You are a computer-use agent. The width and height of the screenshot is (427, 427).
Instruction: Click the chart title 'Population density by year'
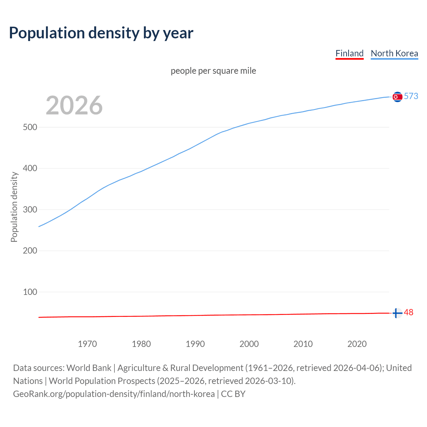coord(101,33)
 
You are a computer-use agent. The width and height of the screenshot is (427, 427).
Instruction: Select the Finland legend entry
coord(349,53)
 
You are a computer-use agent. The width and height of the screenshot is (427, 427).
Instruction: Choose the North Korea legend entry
coord(394,53)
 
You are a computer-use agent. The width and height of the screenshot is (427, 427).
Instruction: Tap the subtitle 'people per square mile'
coord(213,71)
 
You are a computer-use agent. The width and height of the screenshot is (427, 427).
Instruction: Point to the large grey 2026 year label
coord(74,105)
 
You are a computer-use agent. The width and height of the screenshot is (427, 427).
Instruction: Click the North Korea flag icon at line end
coord(397,97)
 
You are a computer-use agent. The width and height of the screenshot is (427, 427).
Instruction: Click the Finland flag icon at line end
coord(397,313)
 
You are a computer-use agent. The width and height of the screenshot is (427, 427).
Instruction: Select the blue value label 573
coord(411,96)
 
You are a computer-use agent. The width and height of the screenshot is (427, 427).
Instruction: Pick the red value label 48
coord(409,313)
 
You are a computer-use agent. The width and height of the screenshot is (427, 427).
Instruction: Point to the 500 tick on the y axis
coord(30,127)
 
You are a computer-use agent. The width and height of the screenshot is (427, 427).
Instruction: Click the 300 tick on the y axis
coord(30,210)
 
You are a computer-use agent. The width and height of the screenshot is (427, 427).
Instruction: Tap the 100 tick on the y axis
coord(30,292)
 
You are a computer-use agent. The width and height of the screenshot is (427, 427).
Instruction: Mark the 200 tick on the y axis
coord(30,251)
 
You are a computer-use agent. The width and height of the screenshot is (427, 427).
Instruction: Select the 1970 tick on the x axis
coord(87,344)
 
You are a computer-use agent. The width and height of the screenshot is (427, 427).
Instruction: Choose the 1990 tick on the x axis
coord(195,344)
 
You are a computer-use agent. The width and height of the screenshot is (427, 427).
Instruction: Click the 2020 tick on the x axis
coord(357,344)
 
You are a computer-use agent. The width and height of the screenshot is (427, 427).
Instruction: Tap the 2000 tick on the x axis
coord(249,344)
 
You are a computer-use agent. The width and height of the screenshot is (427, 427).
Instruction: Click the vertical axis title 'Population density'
coord(14,207)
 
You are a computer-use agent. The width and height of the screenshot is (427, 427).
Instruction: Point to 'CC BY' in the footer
coord(233,394)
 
